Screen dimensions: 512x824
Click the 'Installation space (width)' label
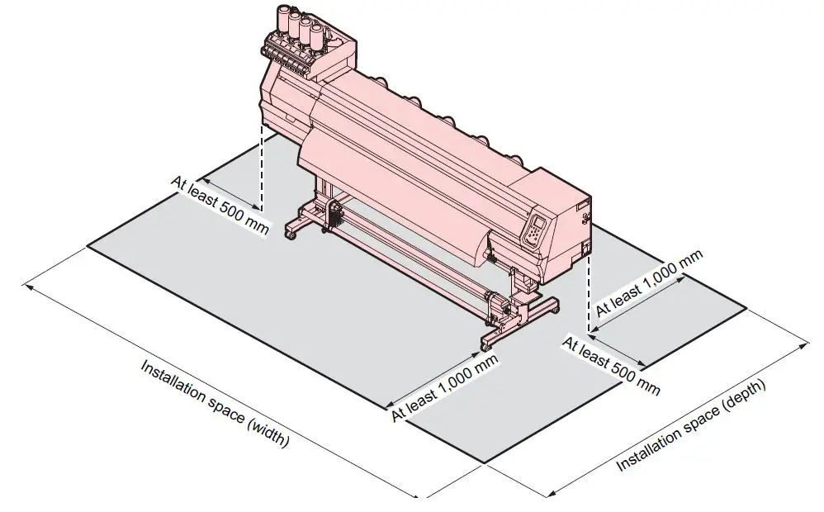(214, 404)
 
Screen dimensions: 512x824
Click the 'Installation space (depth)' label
(692, 426)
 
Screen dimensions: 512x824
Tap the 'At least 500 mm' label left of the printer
(219, 204)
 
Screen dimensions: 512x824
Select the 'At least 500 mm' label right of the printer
(611, 364)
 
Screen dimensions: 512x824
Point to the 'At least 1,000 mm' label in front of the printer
(445, 387)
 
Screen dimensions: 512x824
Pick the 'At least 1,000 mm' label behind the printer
(649, 282)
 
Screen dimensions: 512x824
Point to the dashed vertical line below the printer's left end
(262, 169)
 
